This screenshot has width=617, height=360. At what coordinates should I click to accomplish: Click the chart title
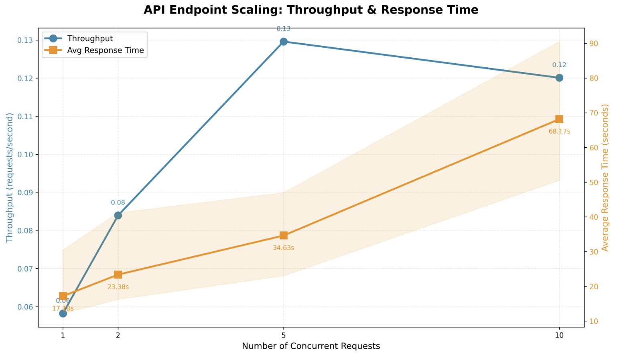[x=311, y=10]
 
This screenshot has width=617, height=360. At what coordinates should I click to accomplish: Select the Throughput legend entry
[x=90, y=38]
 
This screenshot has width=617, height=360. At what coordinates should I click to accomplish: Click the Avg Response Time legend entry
[x=105, y=50]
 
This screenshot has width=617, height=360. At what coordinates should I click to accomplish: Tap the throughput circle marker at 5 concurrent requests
[x=284, y=42]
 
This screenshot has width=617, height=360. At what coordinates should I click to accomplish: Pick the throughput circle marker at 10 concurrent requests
[x=559, y=78]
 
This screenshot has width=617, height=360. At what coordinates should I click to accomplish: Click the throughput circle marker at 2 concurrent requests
[x=118, y=215]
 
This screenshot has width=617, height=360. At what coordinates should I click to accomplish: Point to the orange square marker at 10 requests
[x=559, y=119]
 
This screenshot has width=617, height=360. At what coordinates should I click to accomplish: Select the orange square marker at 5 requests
[x=284, y=235]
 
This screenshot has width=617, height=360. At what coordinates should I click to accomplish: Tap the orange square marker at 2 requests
[x=118, y=275]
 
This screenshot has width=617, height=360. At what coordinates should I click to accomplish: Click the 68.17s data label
[x=559, y=131]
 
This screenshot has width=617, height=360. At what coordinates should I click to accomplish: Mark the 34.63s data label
[x=284, y=248]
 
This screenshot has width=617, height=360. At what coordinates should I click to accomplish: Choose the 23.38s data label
[x=118, y=287]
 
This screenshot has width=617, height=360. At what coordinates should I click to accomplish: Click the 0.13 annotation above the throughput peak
[x=284, y=29]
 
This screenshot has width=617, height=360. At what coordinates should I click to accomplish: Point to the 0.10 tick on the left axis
[x=25, y=155]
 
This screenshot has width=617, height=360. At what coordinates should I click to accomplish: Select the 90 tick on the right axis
[x=593, y=44]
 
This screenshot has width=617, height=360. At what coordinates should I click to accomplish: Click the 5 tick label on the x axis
[x=284, y=336]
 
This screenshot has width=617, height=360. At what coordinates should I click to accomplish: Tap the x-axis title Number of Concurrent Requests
[x=311, y=346]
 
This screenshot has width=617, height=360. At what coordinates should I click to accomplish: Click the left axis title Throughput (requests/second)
[x=10, y=177]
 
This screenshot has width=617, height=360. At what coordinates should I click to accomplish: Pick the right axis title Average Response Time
[x=605, y=177]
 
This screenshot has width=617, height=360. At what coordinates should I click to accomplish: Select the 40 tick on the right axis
[x=593, y=217]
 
